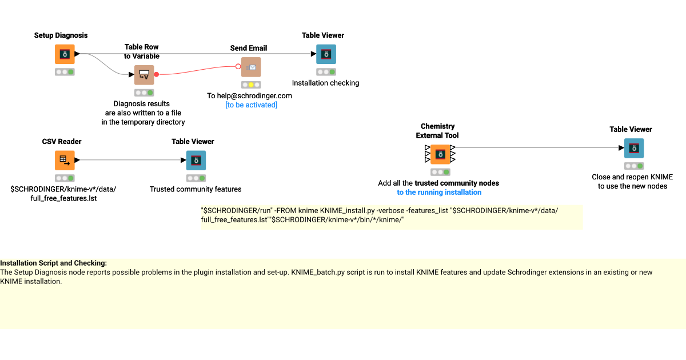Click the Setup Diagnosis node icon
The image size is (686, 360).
pyautogui.click(x=65, y=54)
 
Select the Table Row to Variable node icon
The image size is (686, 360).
pyautogui.click(x=144, y=75)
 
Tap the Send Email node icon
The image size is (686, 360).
pyautogui.click(x=251, y=67)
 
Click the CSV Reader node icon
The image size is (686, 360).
pyautogui.click(x=65, y=161)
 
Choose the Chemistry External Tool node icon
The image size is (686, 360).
pyautogui.click(x=440, y=154)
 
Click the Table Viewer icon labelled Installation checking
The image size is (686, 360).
pyautogui.click(x=326, y=54)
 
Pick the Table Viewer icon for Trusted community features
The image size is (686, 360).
pyautogui.click(x=196, y=161)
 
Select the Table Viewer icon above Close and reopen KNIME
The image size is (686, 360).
pyautogui.click(x=634, y=148)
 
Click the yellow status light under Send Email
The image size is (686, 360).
pyautogui.click(x=251, y=85)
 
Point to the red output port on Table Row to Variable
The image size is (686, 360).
pyautogui.click(x=157, y=74)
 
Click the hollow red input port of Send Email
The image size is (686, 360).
pyautogui.click(x=238, y=66)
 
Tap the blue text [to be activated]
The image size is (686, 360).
pyautogui.click(x=251, y=105)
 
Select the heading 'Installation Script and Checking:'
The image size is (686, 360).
pyautogui.click(x=53, y=263)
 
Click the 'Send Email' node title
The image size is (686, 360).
pyautogui.click(x=249, y=48)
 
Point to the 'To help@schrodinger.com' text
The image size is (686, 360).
pyautogui.click(x=249, y=96)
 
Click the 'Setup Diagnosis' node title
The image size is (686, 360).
pyautogui.click(x=61, y=35)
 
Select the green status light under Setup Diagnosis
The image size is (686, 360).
pyautogui.click(x=71, y=72)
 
